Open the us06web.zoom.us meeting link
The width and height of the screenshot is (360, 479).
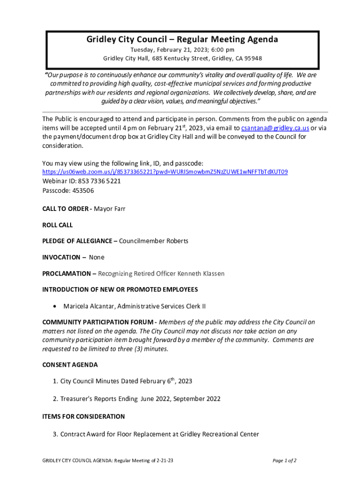point(165,172)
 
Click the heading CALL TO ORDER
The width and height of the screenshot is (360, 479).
point(65,209)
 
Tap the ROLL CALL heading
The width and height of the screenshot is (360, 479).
point(58,225)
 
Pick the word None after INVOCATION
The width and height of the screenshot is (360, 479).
point(97,257)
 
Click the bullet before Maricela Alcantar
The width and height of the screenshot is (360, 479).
point(56,306)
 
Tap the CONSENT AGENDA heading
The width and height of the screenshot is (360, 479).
point(70,365)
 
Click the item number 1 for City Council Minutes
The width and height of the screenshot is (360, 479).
point(55,381)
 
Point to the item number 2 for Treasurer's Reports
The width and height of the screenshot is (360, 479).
point(55,399)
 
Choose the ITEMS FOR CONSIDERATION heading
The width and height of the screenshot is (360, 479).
point(84,416)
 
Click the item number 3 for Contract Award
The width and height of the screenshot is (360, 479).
point(55,434)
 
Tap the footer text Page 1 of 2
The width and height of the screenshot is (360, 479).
point(285,461)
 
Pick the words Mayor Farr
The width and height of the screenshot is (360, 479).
point(110,209)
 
